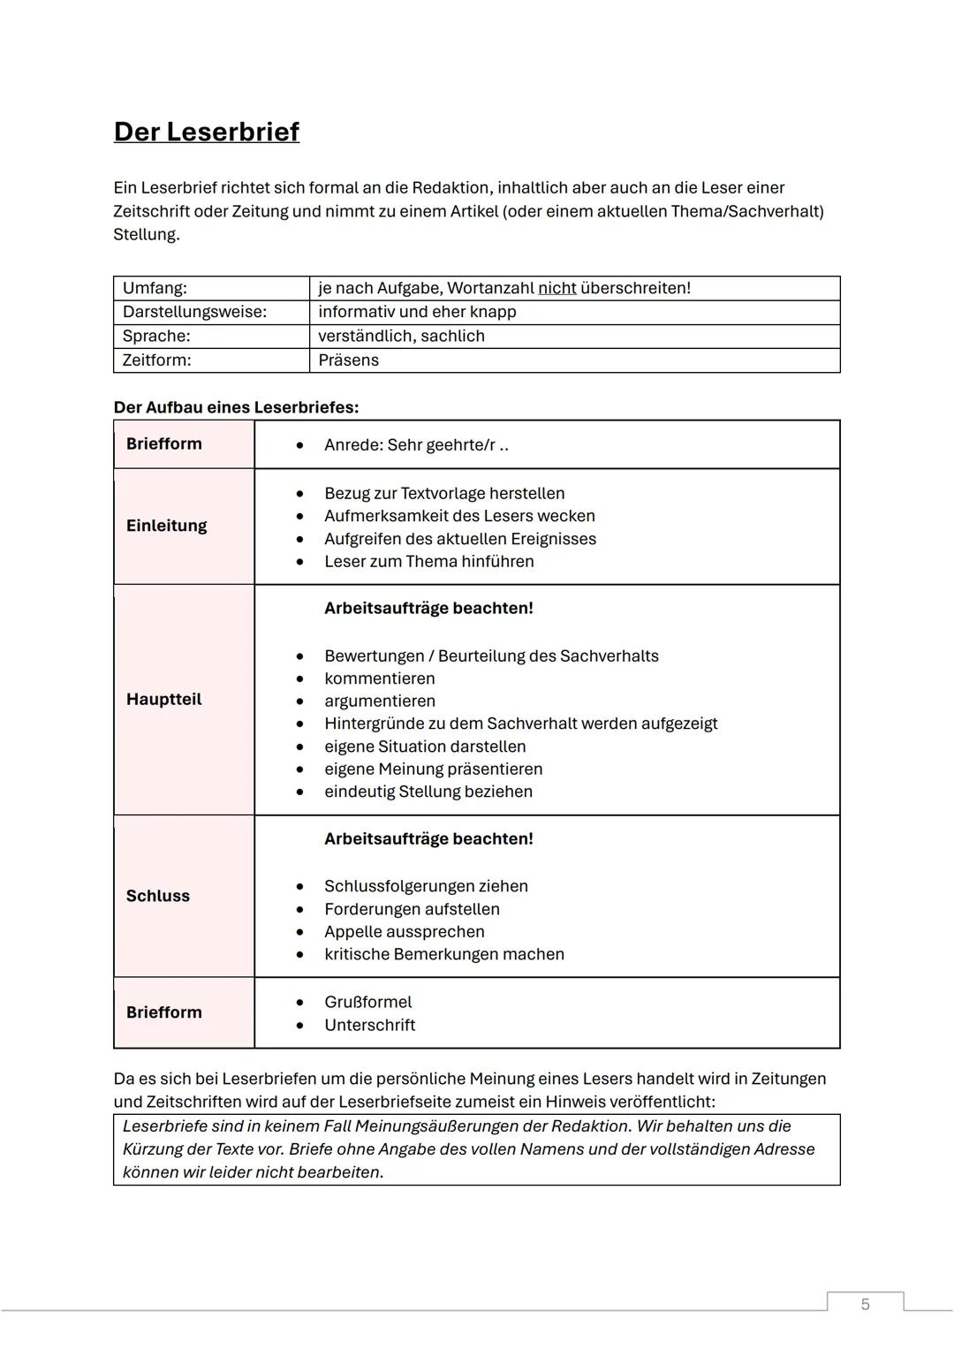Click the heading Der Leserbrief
tap(207, 132)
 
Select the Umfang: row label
tap(155, 288)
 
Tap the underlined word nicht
tap(556, 288)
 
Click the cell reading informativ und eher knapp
tap(417, 312)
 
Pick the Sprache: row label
tap(156, 336)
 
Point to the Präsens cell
tap(348, 360)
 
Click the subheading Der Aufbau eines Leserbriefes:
tap(236, 407)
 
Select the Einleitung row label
tap(166, 526)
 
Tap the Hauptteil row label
tap(163, 699)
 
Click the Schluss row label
tap(157, 896)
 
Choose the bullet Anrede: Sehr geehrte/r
tap(415, 444)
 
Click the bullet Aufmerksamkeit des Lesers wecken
tap(459, 516)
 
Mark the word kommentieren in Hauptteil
tap(379, 678)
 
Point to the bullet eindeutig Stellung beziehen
tap(428, 792)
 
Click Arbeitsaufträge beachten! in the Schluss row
tap(428, 838)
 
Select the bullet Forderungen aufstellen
tap(412, 909)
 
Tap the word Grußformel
tap(367, 1002)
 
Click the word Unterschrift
tap(369, 1025)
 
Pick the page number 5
tap(865, 1304)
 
